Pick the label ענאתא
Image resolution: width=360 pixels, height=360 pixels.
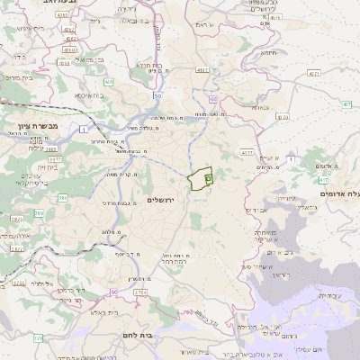(x=262, y=108)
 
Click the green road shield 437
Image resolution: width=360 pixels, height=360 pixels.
(x=346, y=105)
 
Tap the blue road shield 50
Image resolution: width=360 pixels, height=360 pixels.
(x=157, y=95)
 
